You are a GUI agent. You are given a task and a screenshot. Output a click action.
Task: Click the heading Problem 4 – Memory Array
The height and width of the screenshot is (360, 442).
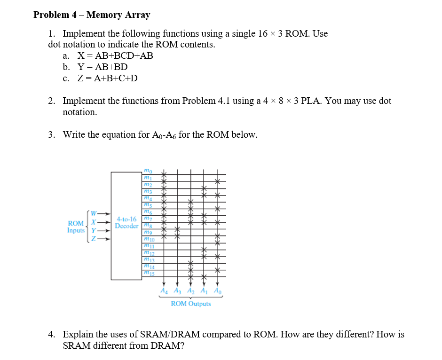[x=92, y=15]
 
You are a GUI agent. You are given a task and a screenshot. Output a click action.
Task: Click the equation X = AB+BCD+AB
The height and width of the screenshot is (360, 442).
[x=115, y=56]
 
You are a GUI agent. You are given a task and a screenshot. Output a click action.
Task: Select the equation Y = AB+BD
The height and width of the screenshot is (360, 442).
[x=102, y=67]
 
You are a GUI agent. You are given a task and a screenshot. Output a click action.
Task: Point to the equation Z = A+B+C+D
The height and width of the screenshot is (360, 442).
[x=107, y=78]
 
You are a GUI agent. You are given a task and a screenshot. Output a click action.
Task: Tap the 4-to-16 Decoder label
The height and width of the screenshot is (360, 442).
[x=126, y=222]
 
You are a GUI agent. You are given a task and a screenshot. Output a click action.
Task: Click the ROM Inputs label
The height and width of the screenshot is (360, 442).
[x=76, y=227]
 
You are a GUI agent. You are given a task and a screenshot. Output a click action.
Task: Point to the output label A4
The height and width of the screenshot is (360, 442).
[x=163, y=291]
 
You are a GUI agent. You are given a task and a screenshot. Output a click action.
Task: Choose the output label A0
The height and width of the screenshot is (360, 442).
[x=217, y=291]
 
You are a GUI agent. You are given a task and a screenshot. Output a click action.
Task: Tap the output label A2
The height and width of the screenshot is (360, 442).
[x=190, y=291]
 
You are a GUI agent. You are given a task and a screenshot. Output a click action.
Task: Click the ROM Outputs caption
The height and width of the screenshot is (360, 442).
[x=190, y=304]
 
